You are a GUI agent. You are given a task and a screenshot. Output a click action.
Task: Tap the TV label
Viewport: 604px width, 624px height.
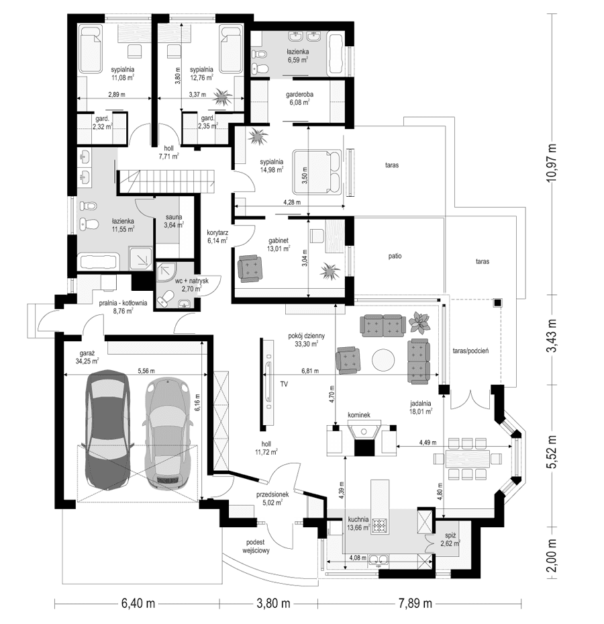[285, 385]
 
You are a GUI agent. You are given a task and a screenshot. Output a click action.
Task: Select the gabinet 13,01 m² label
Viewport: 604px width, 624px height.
[277, 244]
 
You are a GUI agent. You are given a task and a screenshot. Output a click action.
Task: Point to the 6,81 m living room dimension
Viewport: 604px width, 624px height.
[310, 370]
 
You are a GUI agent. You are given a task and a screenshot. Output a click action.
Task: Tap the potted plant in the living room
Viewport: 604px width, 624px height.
[420, 322]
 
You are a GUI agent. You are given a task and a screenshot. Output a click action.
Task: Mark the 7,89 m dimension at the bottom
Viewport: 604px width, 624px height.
[416, 603]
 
